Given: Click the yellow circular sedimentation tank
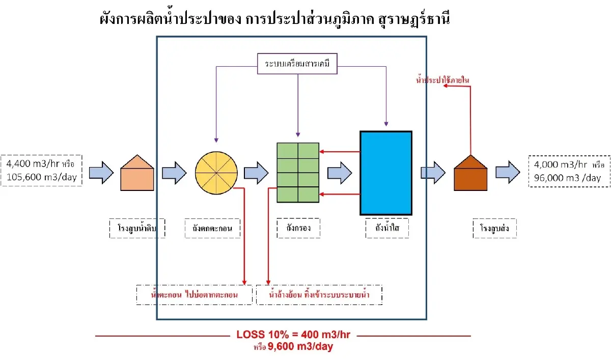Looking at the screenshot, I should click(x=216, y=173).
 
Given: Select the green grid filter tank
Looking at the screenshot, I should click(x=298, y=173).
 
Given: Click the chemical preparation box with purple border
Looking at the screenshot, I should click(x=297, y=65).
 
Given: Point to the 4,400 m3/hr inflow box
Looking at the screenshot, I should click(x=42, y=171).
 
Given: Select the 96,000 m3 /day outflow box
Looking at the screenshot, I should click(x=569, y=171).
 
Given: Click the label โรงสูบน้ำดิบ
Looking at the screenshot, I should click(x=140, y=229).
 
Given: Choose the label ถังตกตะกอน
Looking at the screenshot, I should click(x=216, y=229).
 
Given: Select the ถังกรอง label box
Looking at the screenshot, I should click(x=299, y=229).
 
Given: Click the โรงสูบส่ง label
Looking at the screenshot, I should click(x=494, y=229).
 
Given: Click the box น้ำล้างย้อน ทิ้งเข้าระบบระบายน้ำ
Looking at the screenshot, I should click(x=319, y=295).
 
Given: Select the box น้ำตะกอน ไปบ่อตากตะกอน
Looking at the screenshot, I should click(x=195, y=295).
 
